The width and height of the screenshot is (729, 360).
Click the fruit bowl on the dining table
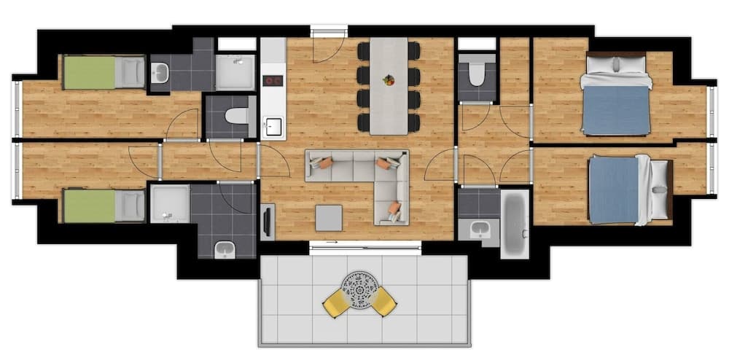click(x=389, y=79)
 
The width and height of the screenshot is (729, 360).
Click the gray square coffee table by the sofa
click(x=329, y=217)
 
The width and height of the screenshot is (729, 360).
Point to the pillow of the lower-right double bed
click(x=660, y=190)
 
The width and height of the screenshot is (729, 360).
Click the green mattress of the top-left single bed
click(x=90, y=72)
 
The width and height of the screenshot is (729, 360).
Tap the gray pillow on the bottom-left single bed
click(x=130, y=206)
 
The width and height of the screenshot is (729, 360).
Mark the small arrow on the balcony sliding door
click(x=332, y=243)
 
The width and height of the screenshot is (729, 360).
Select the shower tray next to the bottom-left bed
click(x=169, y=203)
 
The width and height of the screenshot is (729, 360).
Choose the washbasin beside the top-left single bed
click(x=160, y=72)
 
